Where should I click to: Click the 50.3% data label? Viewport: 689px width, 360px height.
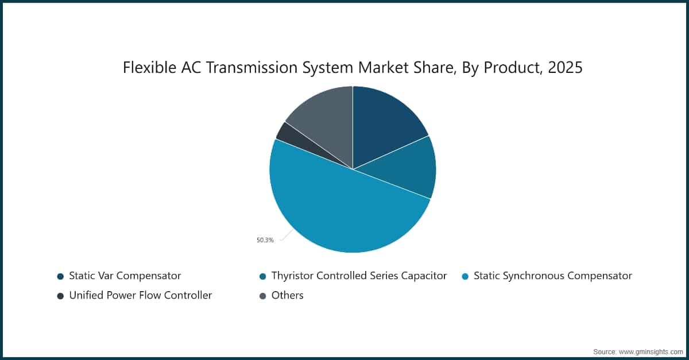[x=265, y=240]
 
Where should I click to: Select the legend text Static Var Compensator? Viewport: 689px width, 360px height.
[x=125, y=276]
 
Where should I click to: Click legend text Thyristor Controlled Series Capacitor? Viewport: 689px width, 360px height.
[x=359, y=276]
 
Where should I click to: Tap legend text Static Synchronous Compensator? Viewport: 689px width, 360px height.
[x=552, y=276]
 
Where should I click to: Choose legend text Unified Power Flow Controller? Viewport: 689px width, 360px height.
[x=140, y=295]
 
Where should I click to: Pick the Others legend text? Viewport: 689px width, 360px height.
[x=287, y=295]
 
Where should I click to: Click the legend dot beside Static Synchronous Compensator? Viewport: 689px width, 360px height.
[x=465, y=276]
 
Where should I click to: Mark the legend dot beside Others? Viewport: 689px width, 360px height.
[x=262, y=296]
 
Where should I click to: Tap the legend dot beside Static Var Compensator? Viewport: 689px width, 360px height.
[x=60, y=276]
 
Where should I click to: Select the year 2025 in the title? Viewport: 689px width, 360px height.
[x=565, y=68]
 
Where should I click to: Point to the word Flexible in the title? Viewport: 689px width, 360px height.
[x=147, y=68]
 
